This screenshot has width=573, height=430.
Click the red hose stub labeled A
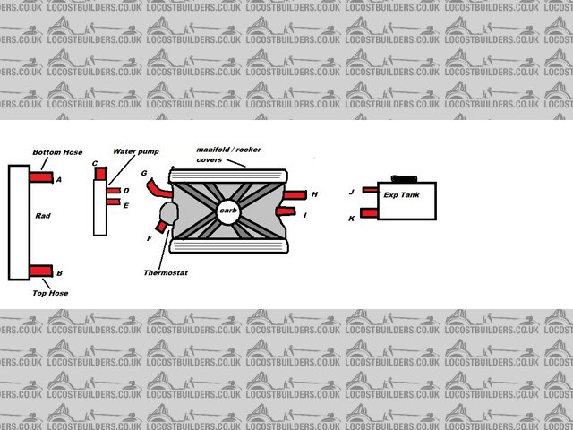(x=41, y=177)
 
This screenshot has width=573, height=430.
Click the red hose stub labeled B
(x=41, y=271)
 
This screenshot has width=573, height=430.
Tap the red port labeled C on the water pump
(x=100, y=172)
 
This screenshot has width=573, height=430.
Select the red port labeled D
(x=113, y=191)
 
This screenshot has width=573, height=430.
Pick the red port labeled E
(x=113, y=202)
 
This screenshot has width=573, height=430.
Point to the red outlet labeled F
(x=161, y=227)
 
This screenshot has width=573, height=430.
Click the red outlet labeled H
(x=296, y=194)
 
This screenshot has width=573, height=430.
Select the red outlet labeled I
(x=288, y=211)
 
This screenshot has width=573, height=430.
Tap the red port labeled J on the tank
(x=369, y=191)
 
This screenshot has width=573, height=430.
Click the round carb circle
(x=227, y=211)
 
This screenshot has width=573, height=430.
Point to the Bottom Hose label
(x=57, y=152)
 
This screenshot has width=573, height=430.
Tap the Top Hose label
(x=50, y=293)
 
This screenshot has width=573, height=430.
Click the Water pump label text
(x=136, y=151)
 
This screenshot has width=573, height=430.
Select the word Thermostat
(x=166, y=271)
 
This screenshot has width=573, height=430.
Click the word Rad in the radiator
(x=42, y=216)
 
